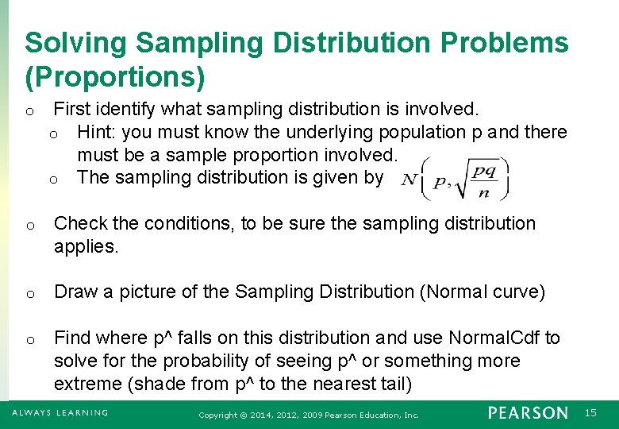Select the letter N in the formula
click(409, 180)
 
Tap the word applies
click(86, 247)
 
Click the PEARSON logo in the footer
click(528, 413)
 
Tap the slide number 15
click(590, 413)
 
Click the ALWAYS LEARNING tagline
click(60, 413)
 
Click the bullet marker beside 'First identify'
click(29, 110)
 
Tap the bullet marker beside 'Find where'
click(29, 340)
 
